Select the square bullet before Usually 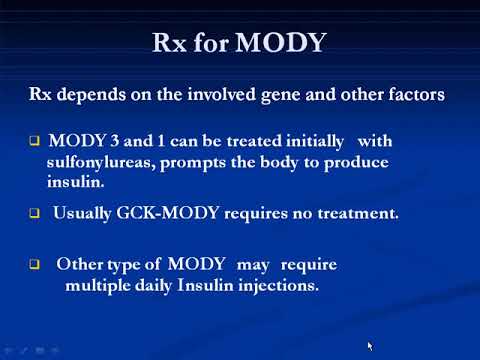click(x=33, y=215)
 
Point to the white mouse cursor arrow click(x=370, y=345)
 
